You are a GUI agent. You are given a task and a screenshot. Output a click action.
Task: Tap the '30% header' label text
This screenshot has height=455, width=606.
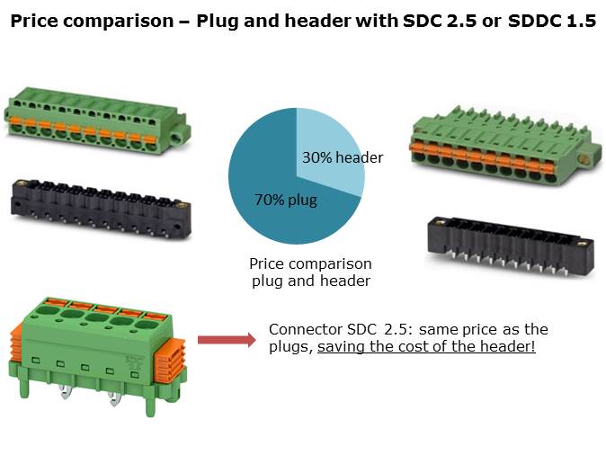click(343, 157)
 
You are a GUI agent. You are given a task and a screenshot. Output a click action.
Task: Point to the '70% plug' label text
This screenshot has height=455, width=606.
click(286, 200)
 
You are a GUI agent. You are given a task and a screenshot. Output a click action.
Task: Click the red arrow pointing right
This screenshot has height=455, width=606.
click(227, 340)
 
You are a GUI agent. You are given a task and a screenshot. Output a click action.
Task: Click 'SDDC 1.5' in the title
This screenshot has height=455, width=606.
click(552, 21)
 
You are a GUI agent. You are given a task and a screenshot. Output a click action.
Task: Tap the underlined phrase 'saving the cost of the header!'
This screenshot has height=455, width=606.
click(426, 346)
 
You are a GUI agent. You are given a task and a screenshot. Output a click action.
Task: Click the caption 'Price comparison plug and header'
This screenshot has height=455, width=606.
click(311, 272)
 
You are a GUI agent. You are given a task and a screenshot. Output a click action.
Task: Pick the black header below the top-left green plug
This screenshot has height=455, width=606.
click(101, 209)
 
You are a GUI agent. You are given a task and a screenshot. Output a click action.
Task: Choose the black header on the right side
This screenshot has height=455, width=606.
click(511, 247)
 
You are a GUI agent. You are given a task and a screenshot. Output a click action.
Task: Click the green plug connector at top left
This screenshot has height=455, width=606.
click(96, 120)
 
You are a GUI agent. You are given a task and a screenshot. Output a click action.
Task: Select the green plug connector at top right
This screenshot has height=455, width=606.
click(505, 146)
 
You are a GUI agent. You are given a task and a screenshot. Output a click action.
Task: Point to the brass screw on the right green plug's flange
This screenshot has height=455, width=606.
click(584, 159)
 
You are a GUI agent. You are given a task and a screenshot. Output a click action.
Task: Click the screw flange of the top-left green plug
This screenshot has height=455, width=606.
click(181, 134)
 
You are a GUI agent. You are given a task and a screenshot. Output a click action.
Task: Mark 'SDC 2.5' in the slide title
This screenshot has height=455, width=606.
click(440, 21)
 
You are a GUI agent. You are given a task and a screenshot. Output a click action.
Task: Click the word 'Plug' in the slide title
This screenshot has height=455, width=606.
click(218, 22)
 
